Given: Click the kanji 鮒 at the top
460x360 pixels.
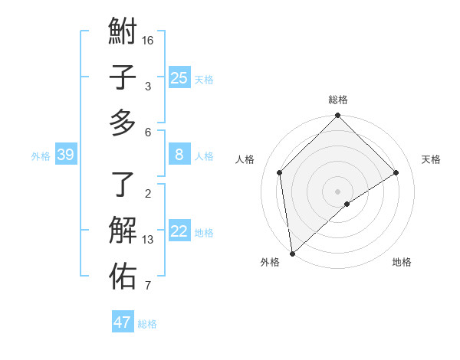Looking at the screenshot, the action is (123, 34).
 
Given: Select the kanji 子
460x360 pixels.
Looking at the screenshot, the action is (123, 77).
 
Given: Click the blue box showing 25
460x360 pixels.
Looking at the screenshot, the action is (179, 77).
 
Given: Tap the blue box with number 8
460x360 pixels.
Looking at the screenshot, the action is (179, 155).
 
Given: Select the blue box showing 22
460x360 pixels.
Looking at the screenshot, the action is (179, 231).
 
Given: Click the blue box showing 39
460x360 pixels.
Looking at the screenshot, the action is (66, 155).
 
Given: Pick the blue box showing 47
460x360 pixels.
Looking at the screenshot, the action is (123, 322).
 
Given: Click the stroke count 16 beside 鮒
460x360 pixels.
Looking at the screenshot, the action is (149, 40).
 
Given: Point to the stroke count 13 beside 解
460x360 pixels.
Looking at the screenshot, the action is (149, 240).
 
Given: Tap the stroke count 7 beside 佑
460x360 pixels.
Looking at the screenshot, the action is (148, 286).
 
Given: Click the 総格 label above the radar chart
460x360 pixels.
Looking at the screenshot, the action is (338, 100).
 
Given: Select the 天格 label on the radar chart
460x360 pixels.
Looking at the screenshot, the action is (431, 159).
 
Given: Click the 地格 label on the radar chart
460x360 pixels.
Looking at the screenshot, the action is (402, 262).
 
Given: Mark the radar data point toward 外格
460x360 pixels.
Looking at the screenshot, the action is (292, 253).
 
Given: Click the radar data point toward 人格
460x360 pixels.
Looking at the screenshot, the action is (280, 172).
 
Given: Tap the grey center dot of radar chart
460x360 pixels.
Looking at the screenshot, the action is (338, 191).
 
